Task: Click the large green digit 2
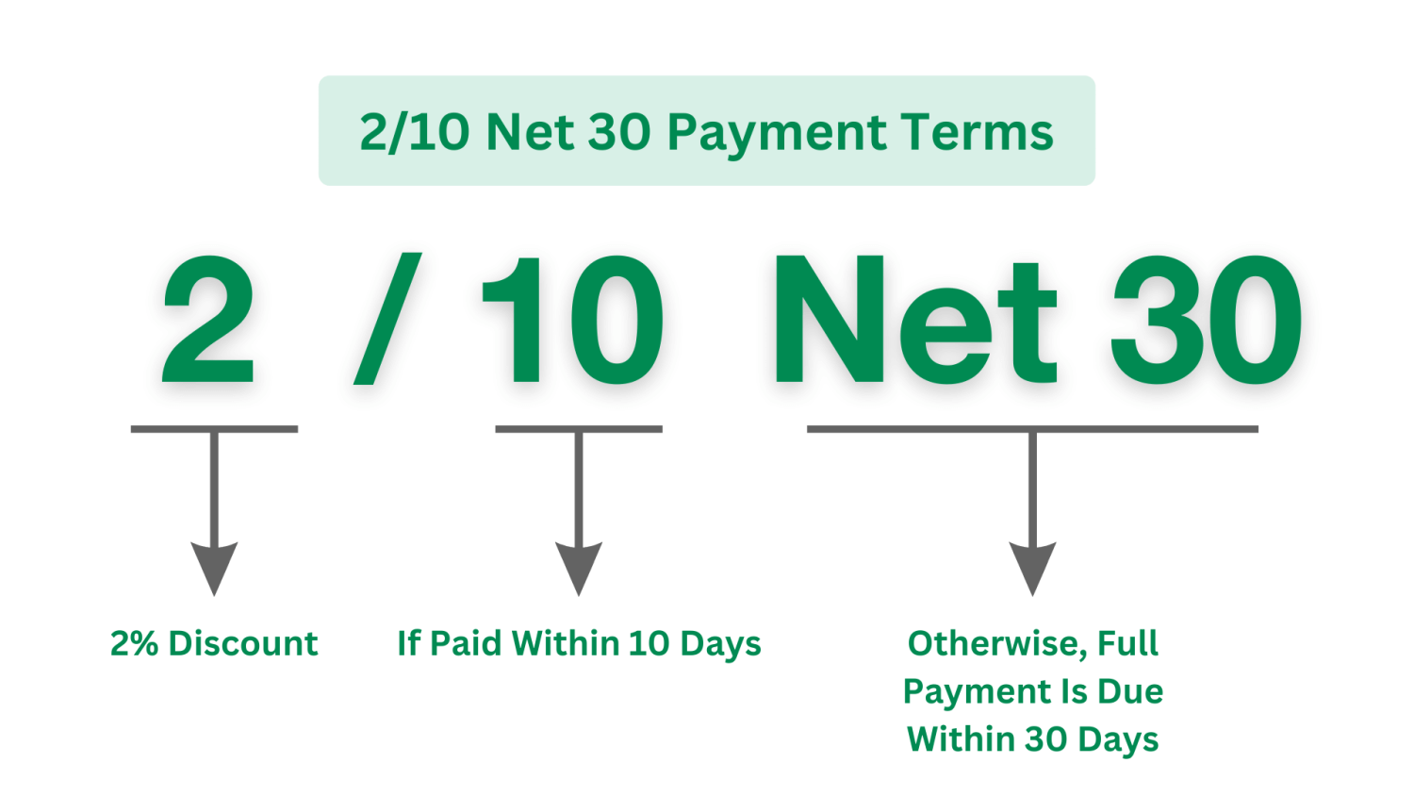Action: (x=208, y=320)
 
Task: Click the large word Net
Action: (x=914, y=320)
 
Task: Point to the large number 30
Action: (x=1207, y=320)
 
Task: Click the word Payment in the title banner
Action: (x=776, y=132)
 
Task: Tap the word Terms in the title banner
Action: (x=976, y=132)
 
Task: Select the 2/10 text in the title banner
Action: (x=414, y=132)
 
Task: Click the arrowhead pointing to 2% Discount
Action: (x=214, y=567)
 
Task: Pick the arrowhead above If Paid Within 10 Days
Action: (x=579, y=567)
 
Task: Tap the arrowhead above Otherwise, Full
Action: (x=1032, y=567)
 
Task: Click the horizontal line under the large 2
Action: (x=214, y=429)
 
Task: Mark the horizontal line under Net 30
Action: (x=1032, y=429)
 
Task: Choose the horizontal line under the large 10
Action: (x=579, y=429)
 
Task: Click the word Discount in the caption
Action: (x=243, y=643)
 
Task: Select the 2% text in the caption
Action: (x=134, y=643)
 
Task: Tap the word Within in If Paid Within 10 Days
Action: (x=565, y=643)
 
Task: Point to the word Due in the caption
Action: (x=1130, y=691)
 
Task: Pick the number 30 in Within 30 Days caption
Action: (x=1045, y=739)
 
